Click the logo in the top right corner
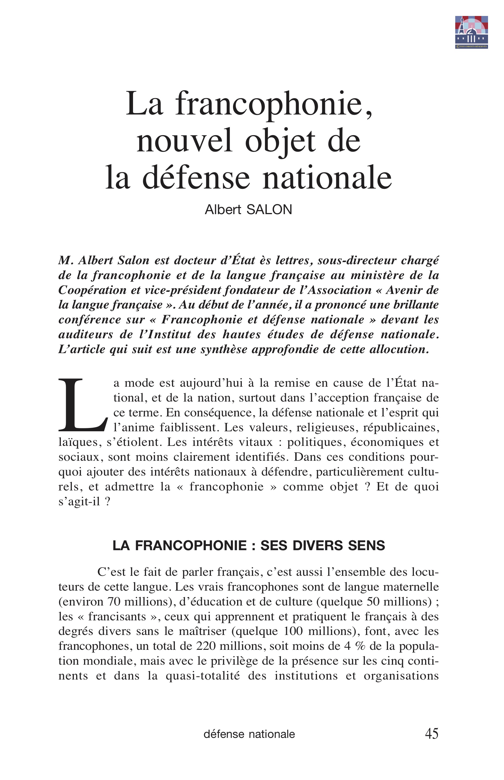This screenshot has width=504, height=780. point(471,32)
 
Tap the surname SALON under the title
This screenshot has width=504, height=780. point(269,210)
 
